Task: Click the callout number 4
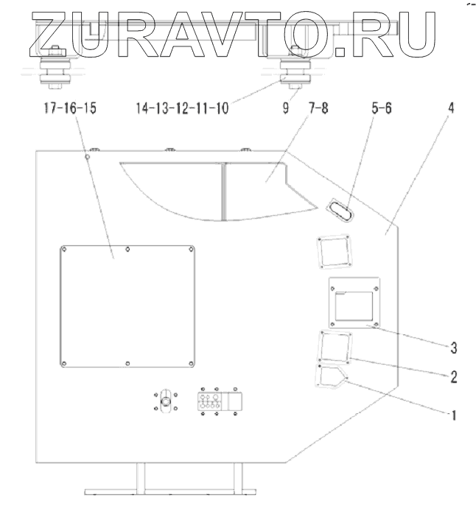tap(452, 108)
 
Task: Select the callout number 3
tap(455, 345)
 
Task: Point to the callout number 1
tap(455, 415)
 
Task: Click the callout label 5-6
tap(381, 108)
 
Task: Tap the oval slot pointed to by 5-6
tap(339, 210)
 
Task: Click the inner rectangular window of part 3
tap(354, 305)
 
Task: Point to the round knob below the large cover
tap(166, 402)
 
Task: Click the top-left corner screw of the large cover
tap(64, 248)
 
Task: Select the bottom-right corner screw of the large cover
tap(194, 364)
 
